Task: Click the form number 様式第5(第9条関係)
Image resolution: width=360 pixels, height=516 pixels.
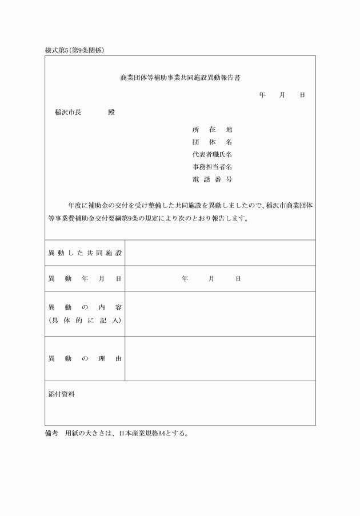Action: point(74,50)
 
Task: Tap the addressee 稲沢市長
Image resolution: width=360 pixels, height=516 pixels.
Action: point(67,112)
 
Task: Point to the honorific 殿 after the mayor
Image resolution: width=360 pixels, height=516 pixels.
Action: point(111,112)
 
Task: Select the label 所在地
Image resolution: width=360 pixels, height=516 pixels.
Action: point(212,130)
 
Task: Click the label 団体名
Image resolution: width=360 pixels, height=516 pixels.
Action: point(212,142)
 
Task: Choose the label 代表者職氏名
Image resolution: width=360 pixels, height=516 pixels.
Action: point(212,154)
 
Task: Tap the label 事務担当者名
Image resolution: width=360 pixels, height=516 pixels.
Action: point(212,167)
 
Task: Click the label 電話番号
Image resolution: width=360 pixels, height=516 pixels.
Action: point(212,179)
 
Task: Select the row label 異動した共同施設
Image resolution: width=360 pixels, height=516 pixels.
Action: point(85,253)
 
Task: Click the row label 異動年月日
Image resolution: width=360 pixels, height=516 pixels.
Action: point(85,278)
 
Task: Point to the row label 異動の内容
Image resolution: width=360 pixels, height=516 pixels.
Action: point(85,307)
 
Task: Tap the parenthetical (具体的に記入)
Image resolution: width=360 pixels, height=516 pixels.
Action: point(85,320)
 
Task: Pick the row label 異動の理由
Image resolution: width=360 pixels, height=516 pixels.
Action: point(85,359)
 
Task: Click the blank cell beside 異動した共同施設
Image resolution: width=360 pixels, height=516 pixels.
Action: point(220,253)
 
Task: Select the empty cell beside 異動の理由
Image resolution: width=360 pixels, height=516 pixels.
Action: point(220,359)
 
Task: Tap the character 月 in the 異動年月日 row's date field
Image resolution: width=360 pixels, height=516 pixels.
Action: point(211,278)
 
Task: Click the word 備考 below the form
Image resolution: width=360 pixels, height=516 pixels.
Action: point(51,433)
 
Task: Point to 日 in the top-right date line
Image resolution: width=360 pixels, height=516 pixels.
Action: point(302,94)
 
